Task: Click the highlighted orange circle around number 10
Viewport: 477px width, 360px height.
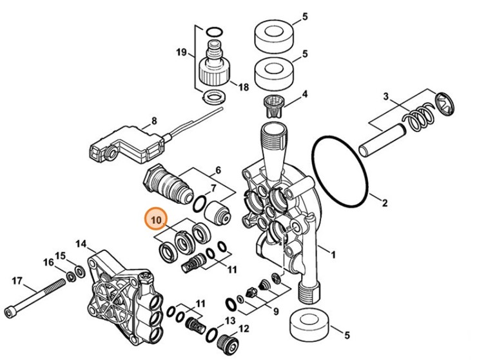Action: [x=155, y=221]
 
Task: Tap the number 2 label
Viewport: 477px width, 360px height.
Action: [x=384, y=204]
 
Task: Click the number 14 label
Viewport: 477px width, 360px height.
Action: [x=81, y=244]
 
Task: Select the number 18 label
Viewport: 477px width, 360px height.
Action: [x=243, y=87]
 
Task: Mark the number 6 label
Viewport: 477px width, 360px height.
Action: [x=217, y=170]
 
